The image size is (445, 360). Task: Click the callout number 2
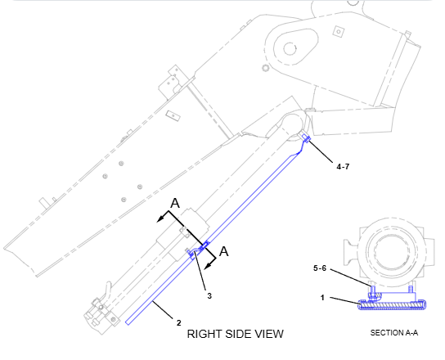coord(178,323)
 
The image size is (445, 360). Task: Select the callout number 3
coord(209,296)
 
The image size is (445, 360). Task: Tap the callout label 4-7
coord(343,167)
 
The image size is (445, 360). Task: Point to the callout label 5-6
coord(320,268)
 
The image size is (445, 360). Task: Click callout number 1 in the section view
coord(322,298)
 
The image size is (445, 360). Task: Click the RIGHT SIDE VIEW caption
coord(236,334)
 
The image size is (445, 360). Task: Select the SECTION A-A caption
coord(394,333)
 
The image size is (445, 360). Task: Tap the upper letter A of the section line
coord(175,203)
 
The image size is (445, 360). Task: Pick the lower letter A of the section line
coord(224,251)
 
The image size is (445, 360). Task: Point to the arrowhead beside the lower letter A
coord(209,265)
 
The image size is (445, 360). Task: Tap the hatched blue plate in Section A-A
coord(393,305)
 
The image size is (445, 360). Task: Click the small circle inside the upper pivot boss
coord(290,49)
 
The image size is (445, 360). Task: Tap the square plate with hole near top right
coord(339,31)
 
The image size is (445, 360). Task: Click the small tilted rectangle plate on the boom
coord(173,115)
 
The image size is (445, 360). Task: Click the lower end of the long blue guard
coord(128,322)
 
